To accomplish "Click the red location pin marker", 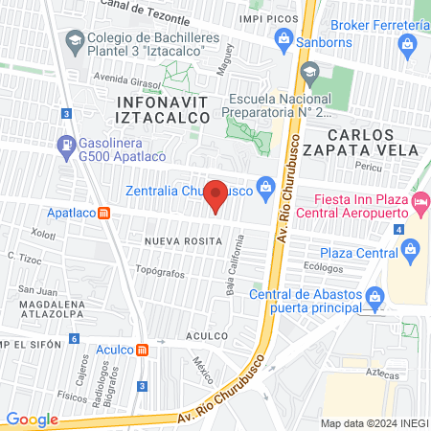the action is coord(216,195).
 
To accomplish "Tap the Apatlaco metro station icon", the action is coord(104,213).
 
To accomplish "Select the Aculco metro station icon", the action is coord(142,350).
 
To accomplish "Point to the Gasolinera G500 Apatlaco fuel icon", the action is coord(65,147).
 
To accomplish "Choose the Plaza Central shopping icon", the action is coord(411,251).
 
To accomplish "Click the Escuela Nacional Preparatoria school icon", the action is coord(309,72).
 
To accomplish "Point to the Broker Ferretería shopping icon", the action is coord(409,44).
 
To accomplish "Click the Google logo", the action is coord(32,419).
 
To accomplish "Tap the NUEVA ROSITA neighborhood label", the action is coord(177,241).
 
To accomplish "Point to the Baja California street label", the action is coord(231,269).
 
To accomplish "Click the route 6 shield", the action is coord(74,339).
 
